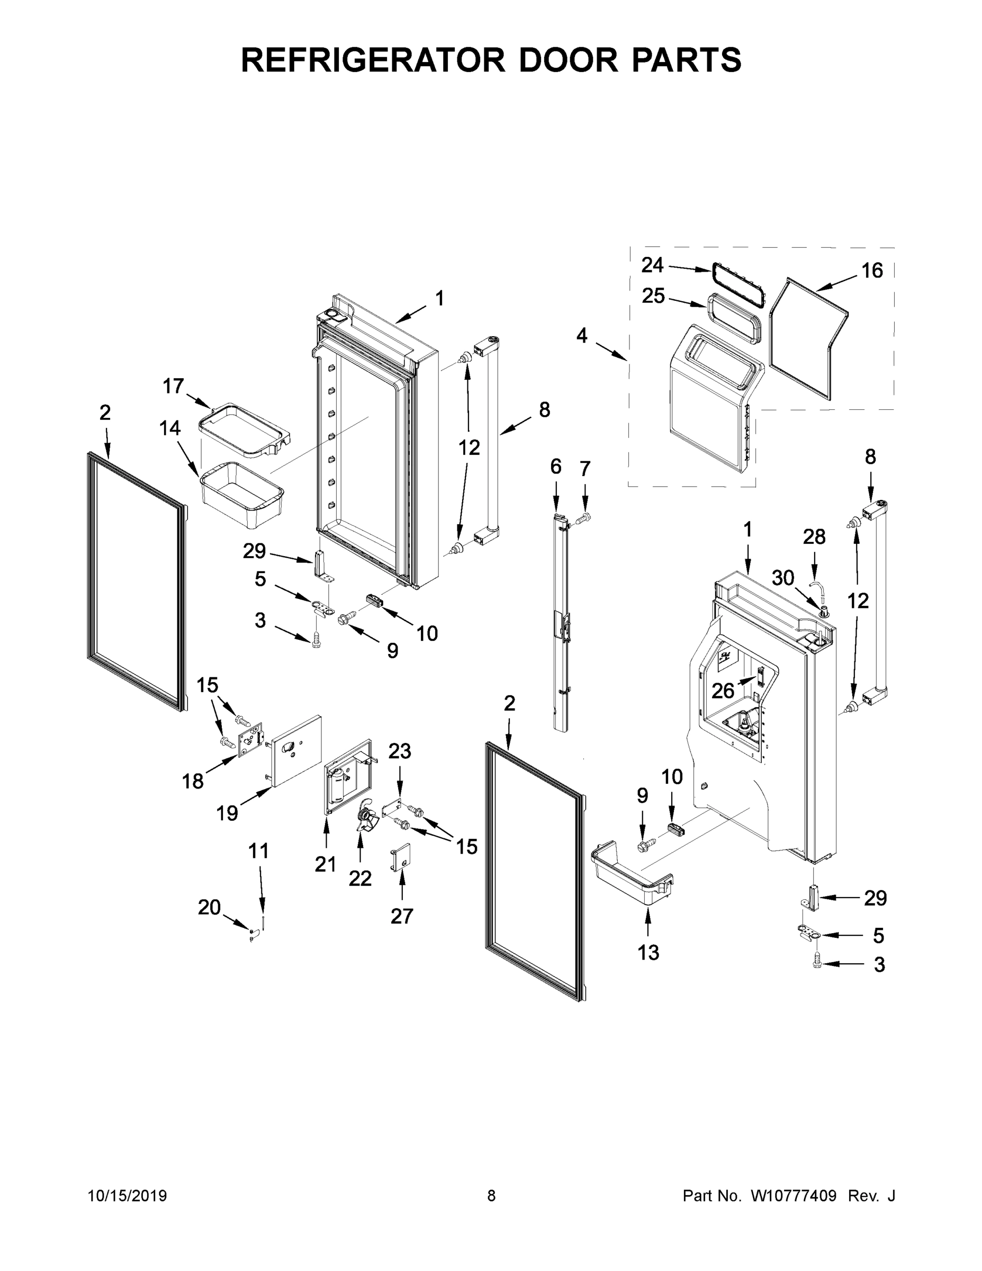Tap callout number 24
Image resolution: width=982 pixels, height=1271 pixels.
(652, 265)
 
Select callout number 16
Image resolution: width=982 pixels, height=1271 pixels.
(871, 271)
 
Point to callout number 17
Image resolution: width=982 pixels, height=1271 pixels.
(173, 386)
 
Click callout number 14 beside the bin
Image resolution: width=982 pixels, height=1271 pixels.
(170, 428)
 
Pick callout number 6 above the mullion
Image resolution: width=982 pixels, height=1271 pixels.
(555, 466)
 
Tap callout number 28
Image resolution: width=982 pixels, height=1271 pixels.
(814, 537)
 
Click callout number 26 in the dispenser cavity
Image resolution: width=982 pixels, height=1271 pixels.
(723, 691)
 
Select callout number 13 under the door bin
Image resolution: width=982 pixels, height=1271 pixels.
(648, 953)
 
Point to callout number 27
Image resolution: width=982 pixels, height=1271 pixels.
(401, 917)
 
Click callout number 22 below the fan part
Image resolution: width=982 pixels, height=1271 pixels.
(360, 879)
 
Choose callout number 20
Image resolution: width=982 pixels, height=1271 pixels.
(210, 907)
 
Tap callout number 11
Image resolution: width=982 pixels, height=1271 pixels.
(259, 852)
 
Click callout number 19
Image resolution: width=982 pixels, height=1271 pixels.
(227, 813)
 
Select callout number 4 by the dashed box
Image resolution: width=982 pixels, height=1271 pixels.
(582, 336)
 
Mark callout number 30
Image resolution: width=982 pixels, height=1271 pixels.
(782, 578)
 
